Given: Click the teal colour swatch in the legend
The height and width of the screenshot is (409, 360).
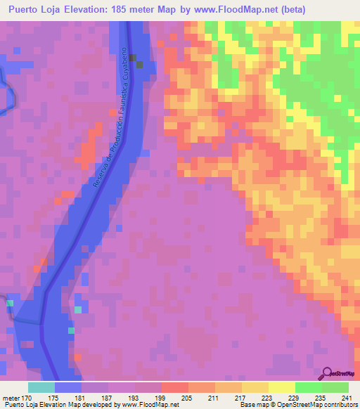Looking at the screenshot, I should point(41,387).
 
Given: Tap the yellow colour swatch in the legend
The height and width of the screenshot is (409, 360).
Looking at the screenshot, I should point(255,387).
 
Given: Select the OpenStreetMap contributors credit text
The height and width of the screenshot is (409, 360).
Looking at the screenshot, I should point(324,404).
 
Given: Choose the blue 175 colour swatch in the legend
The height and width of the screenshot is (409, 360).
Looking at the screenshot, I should point(68,387).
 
